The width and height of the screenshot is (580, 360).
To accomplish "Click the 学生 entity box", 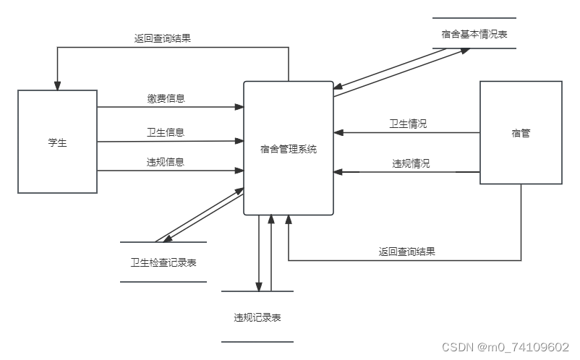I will click(57, 142).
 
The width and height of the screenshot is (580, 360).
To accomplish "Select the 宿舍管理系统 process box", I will click(289, 149).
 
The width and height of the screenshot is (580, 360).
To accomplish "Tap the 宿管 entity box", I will click(521, 133).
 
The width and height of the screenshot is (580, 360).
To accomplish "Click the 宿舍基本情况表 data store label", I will click(474, 33).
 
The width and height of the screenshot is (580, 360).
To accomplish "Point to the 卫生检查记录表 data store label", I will click(163, 262).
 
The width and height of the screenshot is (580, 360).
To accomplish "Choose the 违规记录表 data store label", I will click(257, 317).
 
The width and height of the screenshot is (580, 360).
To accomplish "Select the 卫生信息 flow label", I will click(165, 132).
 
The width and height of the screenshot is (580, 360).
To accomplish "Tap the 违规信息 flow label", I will click(165, 162).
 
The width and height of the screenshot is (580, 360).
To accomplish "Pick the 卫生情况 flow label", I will click(408, 124).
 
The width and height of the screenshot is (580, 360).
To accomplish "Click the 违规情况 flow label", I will click(411, 163).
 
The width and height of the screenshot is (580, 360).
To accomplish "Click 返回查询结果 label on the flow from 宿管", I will click(406, 252).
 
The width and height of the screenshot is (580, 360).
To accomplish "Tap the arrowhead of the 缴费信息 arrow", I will click(239, 108).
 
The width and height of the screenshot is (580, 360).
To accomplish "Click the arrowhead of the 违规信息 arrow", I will click(239, 171).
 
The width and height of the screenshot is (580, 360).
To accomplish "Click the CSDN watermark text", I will click(505, 346).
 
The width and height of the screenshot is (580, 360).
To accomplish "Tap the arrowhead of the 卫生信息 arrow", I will click(239, 141).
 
